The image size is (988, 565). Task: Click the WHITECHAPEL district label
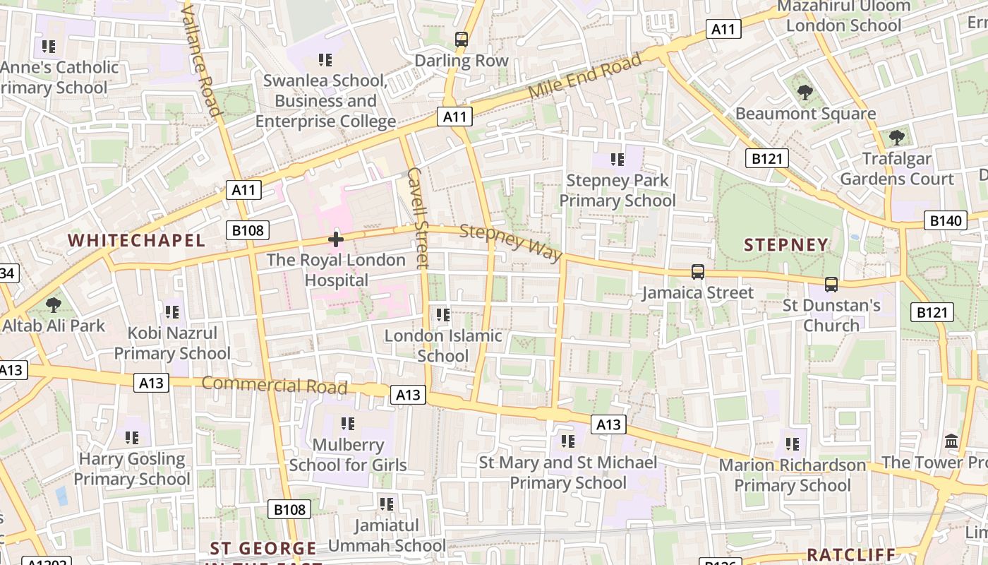[136, 240]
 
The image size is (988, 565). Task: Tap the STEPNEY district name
[786, 245]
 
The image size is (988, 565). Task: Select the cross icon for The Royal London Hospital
[336, 239]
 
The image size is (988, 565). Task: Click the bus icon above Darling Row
[462, 40]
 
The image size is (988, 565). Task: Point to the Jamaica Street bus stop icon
[697, 271]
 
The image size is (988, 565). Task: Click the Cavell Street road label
[418, 218]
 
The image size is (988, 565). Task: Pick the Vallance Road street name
[202, 58]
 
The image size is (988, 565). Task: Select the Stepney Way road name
[511, 242]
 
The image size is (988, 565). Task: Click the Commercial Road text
[275, 385]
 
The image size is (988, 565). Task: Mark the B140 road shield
[945, 221]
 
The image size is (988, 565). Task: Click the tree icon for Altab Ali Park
[53, 305]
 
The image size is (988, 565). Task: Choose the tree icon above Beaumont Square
[805, 92]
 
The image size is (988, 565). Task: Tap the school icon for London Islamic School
[442, 314]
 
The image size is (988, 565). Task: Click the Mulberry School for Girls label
[348, 455]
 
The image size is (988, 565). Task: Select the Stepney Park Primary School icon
[617, 160]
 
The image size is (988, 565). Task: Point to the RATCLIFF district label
[851, 554]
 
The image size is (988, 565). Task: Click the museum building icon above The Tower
[951, 441]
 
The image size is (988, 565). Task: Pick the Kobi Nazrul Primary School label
[172, 343]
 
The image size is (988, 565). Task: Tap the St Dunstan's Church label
[831, 315]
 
